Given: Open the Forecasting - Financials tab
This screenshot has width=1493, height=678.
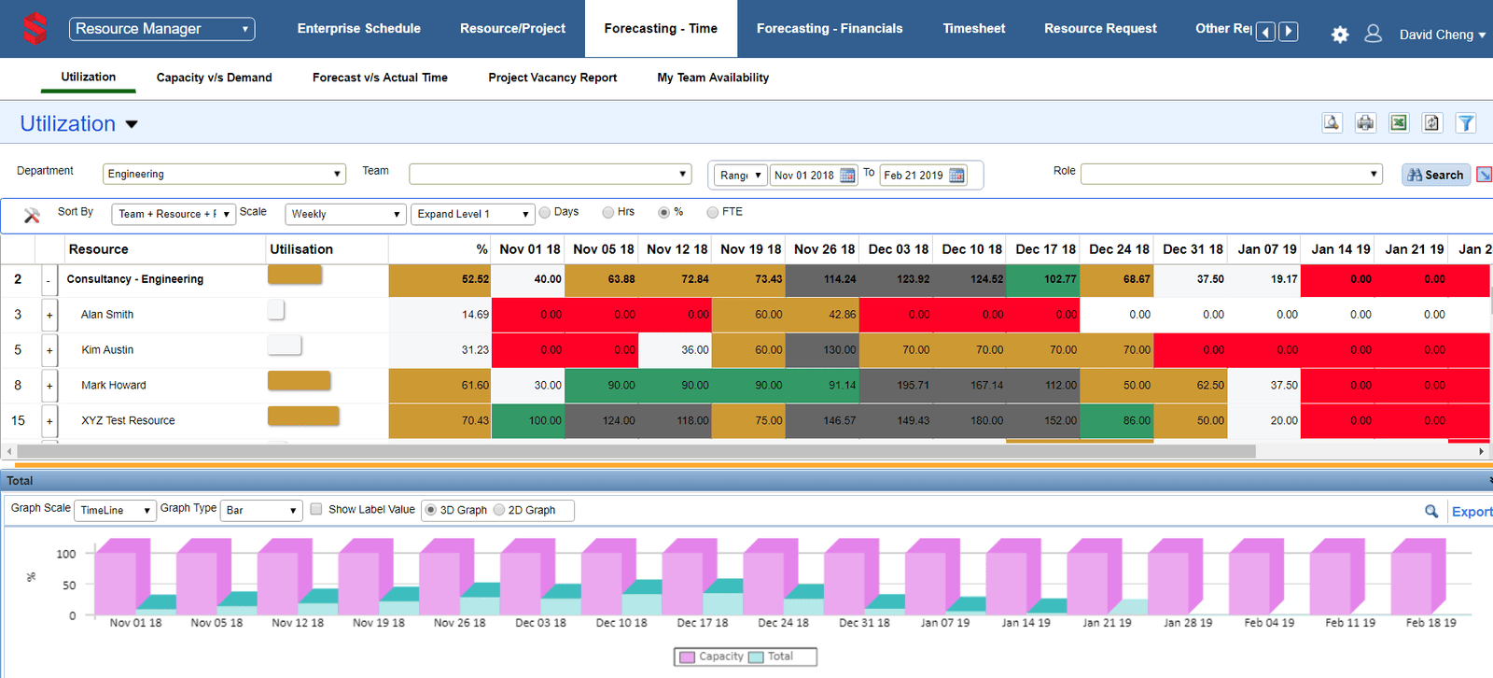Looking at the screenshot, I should coord(829,29).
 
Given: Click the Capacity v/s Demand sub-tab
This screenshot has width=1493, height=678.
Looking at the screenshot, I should coord(214,78).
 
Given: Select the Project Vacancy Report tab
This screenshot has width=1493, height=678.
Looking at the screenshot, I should coord(552,78).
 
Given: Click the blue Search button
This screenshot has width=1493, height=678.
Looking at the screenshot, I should coord(1435,175).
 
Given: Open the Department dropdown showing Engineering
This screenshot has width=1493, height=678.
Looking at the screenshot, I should coord(224,174).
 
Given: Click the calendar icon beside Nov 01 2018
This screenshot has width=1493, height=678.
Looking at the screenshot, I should coord(847,176).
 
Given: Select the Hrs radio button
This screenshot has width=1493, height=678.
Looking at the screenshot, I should coord(608,213).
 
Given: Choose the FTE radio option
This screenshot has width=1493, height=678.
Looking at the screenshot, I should coord(713,213).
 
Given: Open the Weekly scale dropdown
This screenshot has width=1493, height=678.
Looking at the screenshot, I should coord(345,214).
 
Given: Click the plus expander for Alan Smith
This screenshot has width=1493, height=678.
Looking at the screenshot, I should coord(49,316).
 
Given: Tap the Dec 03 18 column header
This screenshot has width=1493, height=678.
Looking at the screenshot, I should coord(898,249).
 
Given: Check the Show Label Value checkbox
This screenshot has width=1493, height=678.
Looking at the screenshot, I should coord(316,509).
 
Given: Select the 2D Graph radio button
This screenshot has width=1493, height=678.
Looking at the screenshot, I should coord(499,510).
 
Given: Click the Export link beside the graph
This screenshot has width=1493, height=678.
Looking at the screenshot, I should coord(1471,512).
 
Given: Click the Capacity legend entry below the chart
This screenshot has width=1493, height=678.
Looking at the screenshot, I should coord(712,657).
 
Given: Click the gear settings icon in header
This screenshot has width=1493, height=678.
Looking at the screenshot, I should coord(1340,35).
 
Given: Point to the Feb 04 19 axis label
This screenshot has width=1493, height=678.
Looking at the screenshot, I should coord(1269,623).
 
